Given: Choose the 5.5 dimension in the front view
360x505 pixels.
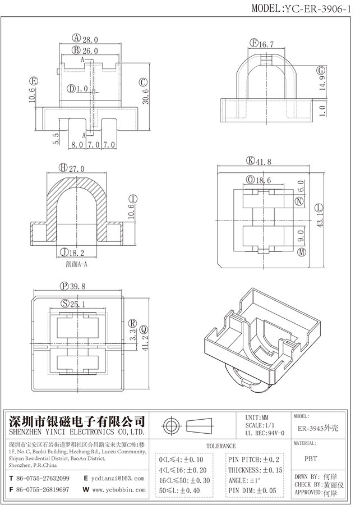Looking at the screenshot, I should (x=56, y=139).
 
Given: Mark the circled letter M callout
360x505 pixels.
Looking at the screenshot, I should (x=302, y=253).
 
